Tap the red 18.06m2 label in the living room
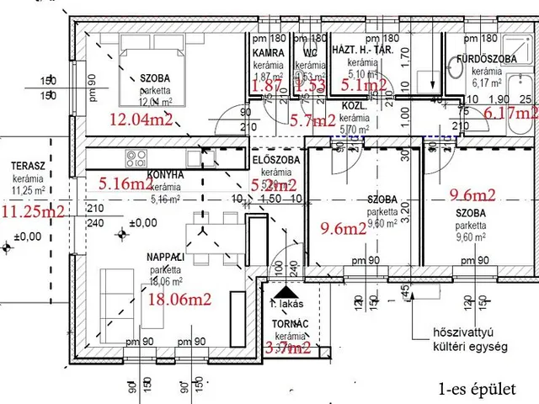[x=179, y=297]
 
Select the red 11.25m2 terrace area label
[x=33, y=211]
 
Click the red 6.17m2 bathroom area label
[x=510, y=111]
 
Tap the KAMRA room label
[x=266, y=53]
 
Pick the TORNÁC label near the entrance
[x=285, y=323]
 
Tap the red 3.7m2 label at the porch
[x=288, y=347]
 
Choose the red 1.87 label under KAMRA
[x=267, y=86]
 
